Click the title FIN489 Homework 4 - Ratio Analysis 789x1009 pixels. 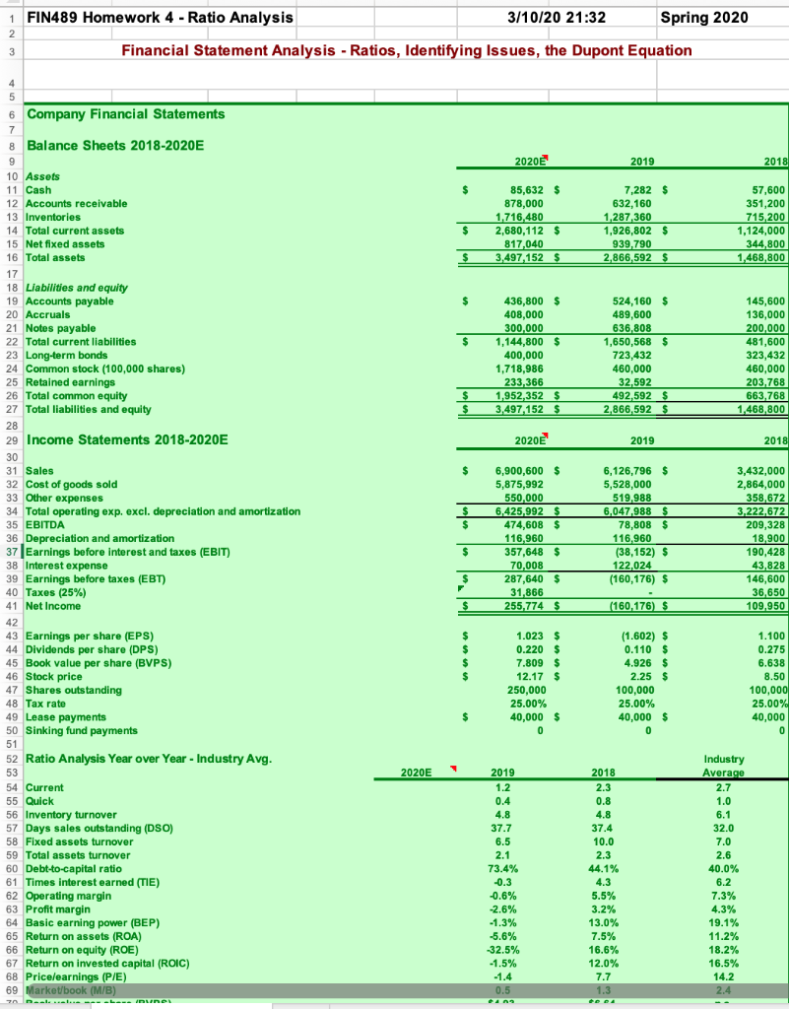160,18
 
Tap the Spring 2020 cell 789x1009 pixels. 704,18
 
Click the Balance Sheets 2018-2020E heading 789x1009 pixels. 115,145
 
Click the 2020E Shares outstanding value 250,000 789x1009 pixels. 530,690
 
